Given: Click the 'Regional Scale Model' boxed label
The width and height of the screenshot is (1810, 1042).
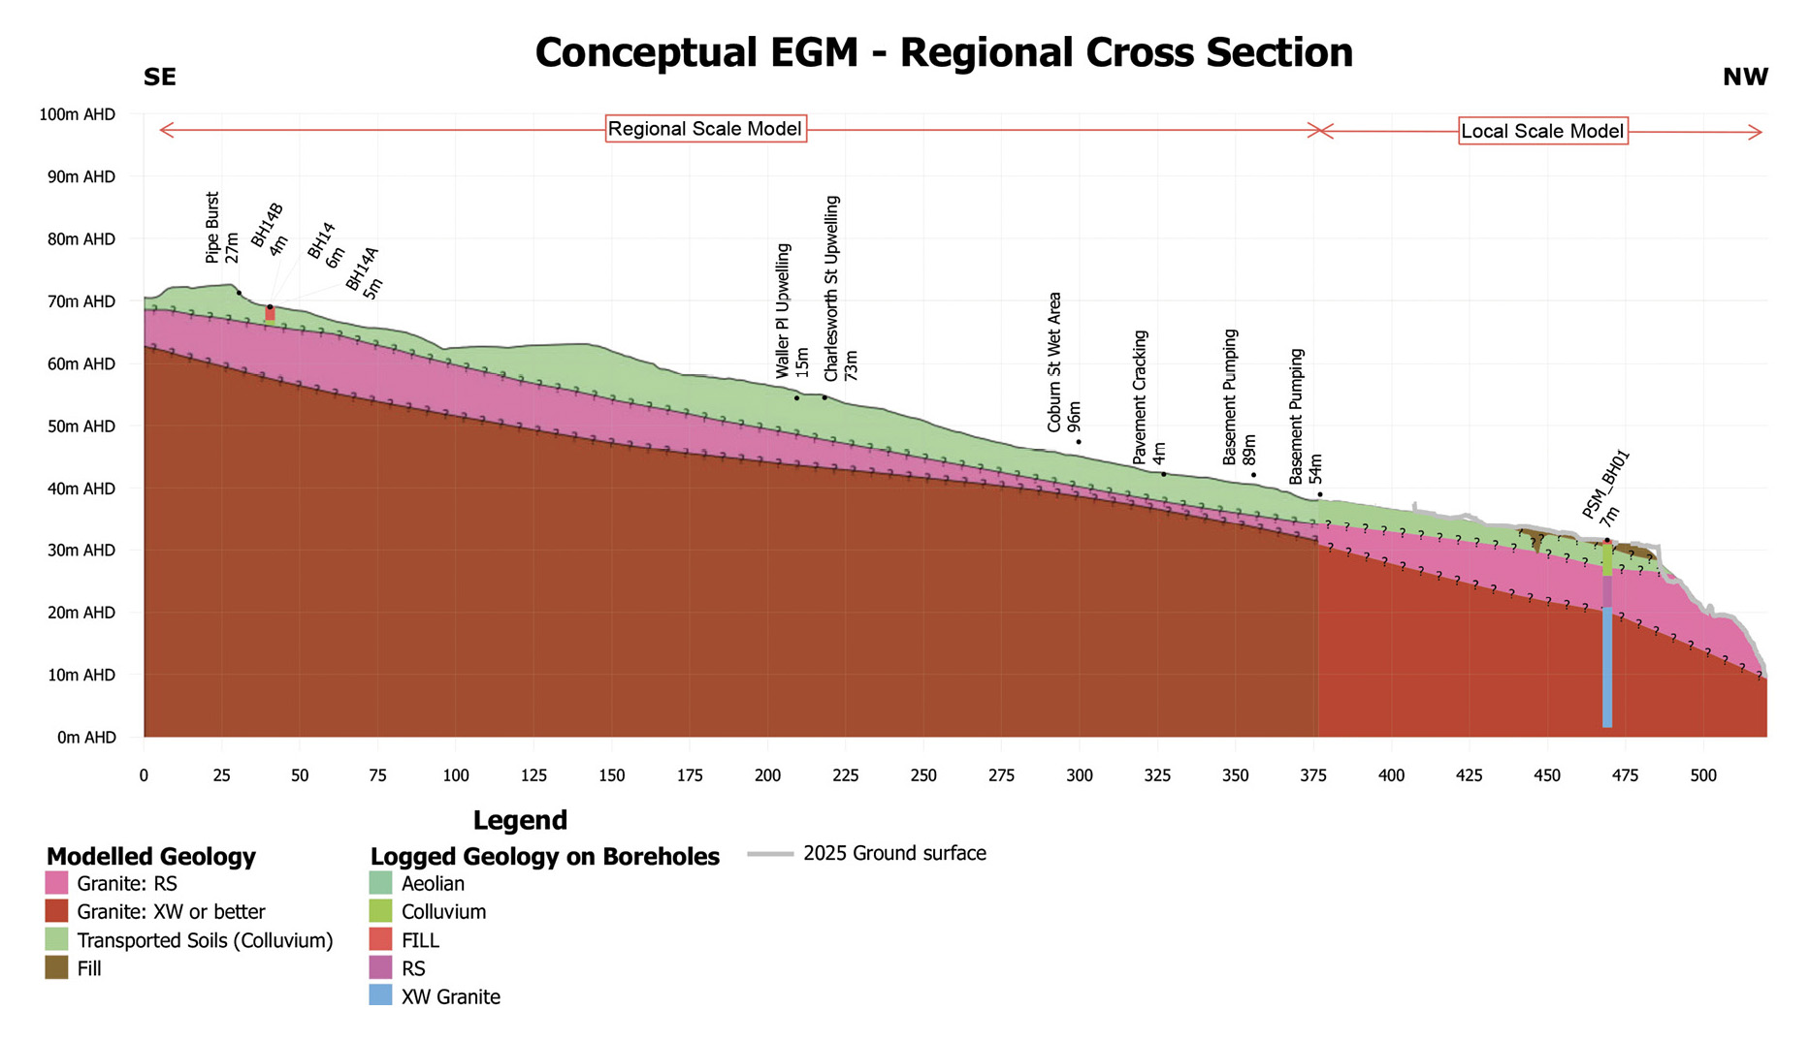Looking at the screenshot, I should [705, 129].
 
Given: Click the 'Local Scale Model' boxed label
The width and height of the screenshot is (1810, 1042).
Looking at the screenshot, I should [1542, 131].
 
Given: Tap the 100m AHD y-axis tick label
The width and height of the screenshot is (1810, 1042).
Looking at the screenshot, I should [77, 114].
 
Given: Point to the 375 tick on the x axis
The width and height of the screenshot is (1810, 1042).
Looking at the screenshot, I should [1313, 775].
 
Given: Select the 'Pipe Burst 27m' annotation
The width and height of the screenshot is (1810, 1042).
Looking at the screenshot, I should [222, 229].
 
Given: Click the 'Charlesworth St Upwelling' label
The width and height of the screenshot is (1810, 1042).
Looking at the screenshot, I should [832, 288].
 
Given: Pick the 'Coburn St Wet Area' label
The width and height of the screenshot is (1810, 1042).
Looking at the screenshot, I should [1055, 362].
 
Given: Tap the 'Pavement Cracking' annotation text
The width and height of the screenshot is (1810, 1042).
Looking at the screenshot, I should [1141, 397].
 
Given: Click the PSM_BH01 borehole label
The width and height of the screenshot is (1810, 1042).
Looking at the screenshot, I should [1606, 485].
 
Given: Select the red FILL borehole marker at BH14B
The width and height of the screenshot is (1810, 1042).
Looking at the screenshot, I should [271, 314].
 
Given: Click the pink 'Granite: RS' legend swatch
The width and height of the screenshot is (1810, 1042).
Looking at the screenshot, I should [57, 883].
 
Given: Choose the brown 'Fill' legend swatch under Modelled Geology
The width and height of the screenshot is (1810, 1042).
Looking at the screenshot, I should [57, 967].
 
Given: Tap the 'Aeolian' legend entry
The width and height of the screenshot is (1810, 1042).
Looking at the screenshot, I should [433, 883].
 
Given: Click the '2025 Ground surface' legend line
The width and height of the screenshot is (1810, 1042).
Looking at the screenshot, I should [771, 854].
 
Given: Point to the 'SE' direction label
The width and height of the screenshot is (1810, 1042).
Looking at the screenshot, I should [160, 78].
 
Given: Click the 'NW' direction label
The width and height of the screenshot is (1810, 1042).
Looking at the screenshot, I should [1745, 78].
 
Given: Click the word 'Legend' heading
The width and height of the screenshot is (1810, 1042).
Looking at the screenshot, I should [520, 820].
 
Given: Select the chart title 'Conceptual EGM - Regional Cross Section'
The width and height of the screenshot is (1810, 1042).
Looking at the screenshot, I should [944, 52].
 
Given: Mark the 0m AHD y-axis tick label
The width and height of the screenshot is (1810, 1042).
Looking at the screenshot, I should [86, 738].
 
